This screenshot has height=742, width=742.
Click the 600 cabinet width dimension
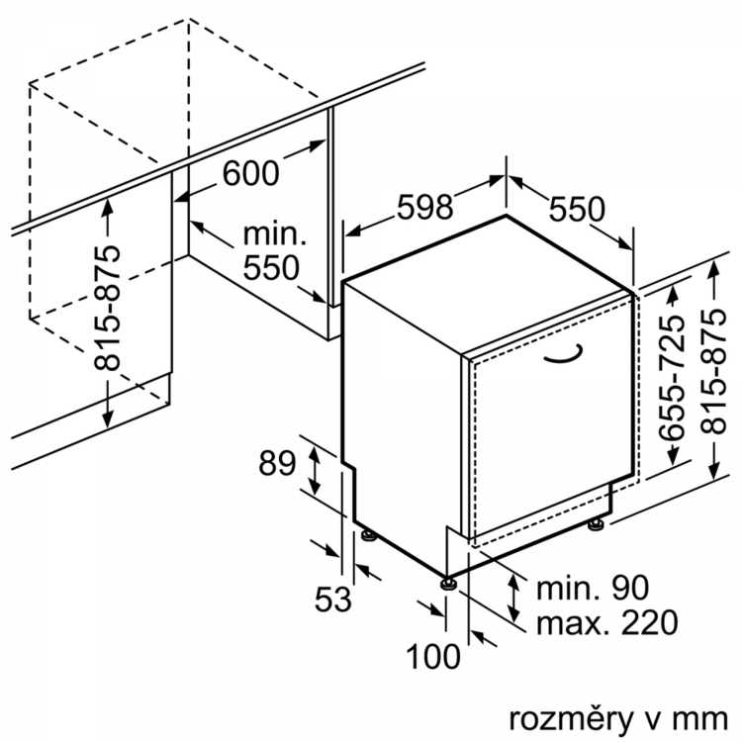(251, 173)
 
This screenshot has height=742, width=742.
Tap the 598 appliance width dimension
(425, 207)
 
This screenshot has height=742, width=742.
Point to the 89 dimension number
(277, 463)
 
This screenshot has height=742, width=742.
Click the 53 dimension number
(333, 600)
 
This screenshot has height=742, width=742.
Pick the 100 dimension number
(433, 657)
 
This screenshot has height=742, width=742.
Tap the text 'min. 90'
(593, 588)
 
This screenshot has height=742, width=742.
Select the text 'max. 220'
(607, 622)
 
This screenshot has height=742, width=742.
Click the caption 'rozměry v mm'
(618, 719)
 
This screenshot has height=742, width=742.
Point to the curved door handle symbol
(563, 359)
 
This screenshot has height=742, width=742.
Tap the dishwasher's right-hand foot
(596, 523)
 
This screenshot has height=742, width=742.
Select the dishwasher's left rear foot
(369, 534)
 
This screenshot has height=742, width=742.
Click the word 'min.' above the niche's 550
(275, 233)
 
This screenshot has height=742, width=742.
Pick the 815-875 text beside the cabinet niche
(107, 308)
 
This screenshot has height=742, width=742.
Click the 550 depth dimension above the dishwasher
(577, 209)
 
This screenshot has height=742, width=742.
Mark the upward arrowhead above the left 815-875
(109, 208)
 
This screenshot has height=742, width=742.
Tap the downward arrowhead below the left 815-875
(109, 417)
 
